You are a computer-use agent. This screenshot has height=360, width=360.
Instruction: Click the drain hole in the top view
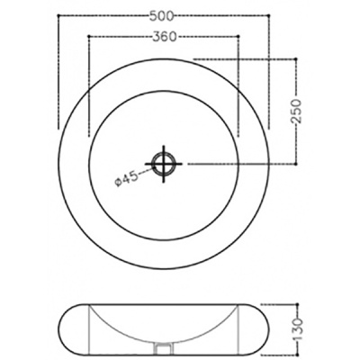(x=165, y=164)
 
